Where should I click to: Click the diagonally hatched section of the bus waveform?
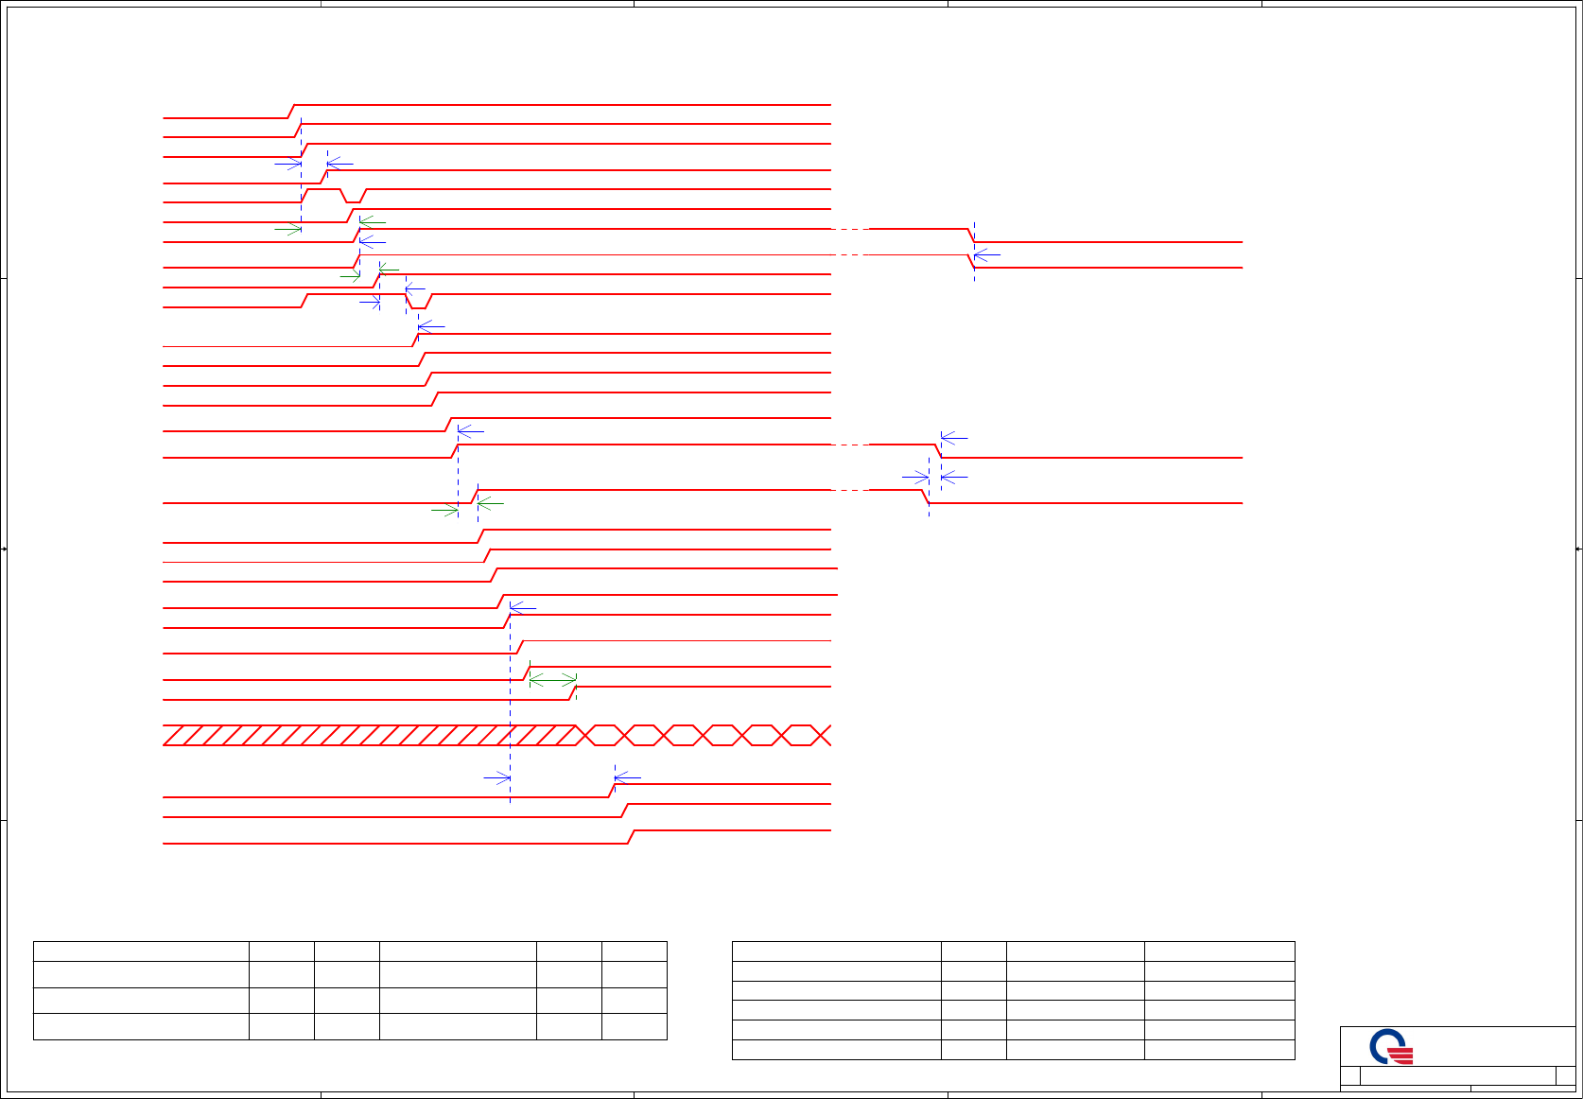369,735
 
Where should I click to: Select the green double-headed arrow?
552,679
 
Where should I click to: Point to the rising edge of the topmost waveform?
291,112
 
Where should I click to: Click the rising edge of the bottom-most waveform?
631,836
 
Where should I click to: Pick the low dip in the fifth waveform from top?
352,201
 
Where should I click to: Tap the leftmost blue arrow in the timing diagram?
287,164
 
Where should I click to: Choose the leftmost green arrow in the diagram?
287,229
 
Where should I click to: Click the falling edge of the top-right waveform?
971,235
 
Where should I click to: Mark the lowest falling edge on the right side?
926,497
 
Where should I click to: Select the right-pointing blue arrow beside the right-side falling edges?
915,478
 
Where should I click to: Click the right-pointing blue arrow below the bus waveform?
496,778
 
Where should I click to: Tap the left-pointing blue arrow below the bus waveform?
627,778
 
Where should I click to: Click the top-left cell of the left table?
141,951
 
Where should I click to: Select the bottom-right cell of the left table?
635,1026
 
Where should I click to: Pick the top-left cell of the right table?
836,951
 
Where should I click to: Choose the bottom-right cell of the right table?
1219,1050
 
